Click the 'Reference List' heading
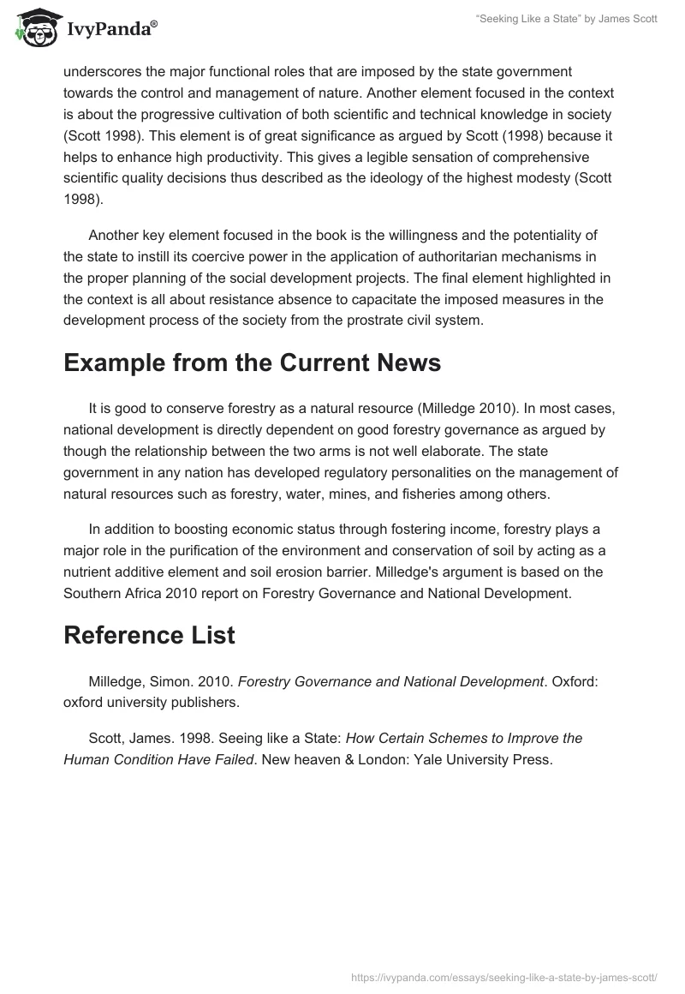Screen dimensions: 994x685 pos(149,637)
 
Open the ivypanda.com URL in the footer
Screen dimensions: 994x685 pos(503,977)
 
